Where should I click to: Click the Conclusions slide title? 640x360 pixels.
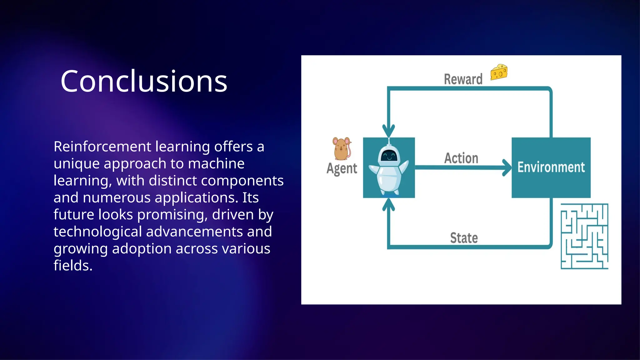(144, 81)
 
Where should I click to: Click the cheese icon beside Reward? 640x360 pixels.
(499, 72)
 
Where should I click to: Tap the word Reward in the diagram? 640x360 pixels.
(463, 79)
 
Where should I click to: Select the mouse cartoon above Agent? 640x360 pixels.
(342, 148)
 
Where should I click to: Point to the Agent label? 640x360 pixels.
(342, 168)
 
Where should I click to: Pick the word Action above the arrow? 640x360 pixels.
(461, 158)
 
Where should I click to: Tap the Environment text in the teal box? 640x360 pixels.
(551, 167)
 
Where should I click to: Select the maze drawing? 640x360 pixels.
(584, 236)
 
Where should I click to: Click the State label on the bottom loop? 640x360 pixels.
(464, 238)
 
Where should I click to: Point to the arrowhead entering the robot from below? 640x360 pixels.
(388, 205)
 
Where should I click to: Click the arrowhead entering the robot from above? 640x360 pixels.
(388, 130)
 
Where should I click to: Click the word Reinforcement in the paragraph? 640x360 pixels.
(102, 147)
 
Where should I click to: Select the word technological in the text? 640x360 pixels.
(97, 232)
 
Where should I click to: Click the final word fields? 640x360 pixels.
(73, 266)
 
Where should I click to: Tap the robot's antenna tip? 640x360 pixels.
(389, 139)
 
